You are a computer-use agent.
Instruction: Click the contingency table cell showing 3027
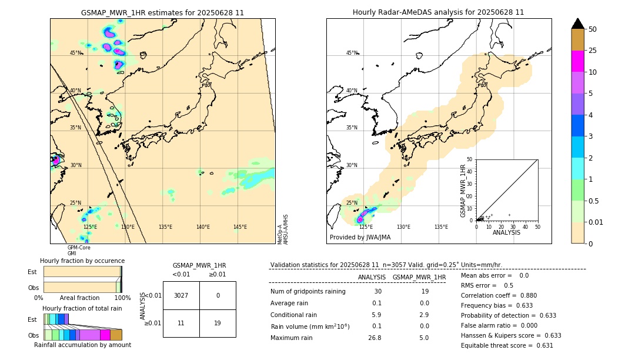pyautogui.click(x=181, y=295)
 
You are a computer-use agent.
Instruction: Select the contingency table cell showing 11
pyautogui.click(x=181, y=323)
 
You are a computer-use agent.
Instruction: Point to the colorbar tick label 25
pyautogui.click(x=593, y=51)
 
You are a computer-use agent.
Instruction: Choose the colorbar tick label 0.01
pyautogui.click(x=596, y=222)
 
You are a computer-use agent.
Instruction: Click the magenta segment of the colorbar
pyautogui.click(x=578, y=61)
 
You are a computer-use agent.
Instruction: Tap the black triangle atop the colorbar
pyautogui.click(x=578, y=24)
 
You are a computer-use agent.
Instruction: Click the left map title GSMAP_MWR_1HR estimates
pyautogui.click(x=162, y=12)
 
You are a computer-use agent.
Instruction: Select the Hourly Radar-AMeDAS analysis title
pyautogui.click(x=439, y=12)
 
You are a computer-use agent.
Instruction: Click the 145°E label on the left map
pyautogui.click(x=240, y=227)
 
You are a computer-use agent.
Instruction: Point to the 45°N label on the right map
pyautogui.click(x=352, y=53)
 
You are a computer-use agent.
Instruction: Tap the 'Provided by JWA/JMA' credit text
pyautogui.click(x=360, y=238)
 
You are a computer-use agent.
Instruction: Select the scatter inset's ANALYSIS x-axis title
pyautogui.click(x=506, y=232)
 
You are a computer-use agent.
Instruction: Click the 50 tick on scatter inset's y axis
pyautogui.click(x=470, y=159)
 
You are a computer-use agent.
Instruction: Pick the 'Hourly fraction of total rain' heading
pyautogui.click(x=82, y=309)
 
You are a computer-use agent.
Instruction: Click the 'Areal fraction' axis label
pyautogui.click(x=79, y=298)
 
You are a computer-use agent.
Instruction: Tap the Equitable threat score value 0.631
pyautogui.click(x=541, y=345)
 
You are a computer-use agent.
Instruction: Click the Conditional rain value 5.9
pyautogui.click(x=377, y=315)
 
